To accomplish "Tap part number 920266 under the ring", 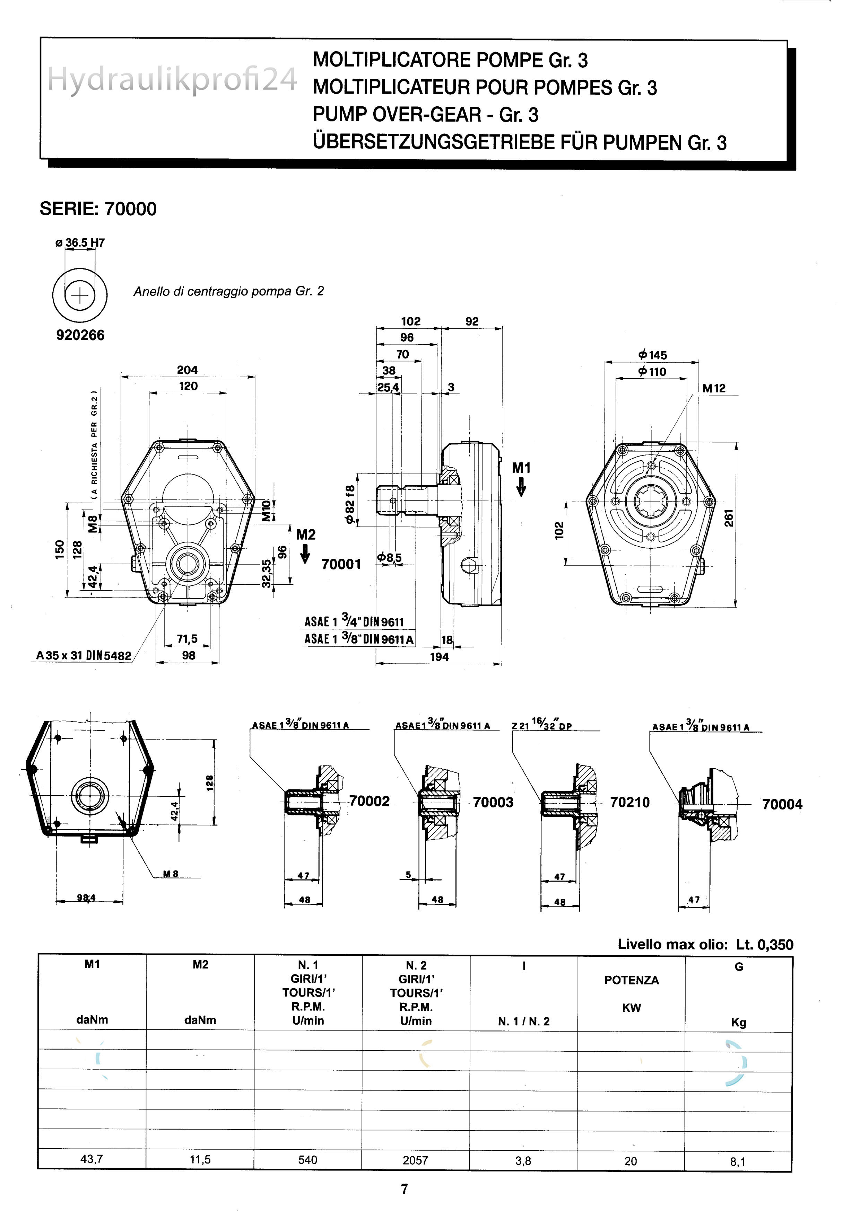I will [80, 335].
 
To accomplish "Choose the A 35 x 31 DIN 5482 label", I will [84, 656].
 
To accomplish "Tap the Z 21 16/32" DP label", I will [542, 725].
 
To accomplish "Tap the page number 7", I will [404, 1189].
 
